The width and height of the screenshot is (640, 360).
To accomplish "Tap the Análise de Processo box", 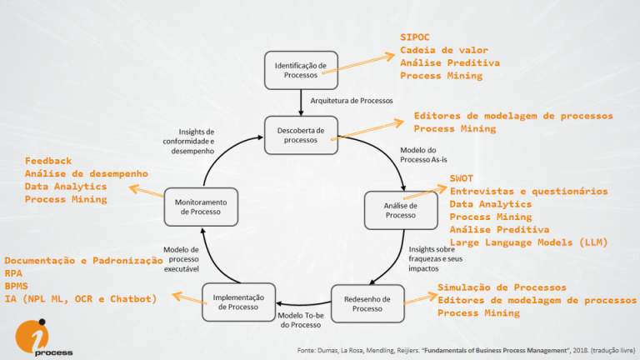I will click(x=400, y=210).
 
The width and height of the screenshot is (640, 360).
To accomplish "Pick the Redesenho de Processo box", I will click(x=367, y=302).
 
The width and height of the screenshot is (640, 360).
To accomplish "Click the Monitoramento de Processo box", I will click(x=201, y=207).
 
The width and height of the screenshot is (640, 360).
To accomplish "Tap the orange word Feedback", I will click(x=48, y=160).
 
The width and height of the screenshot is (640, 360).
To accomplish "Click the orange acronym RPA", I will click(x=14, y=272).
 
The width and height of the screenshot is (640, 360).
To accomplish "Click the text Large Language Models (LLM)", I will click(x=528, y=242).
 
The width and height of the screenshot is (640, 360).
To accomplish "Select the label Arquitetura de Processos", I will click(x=351, y=101).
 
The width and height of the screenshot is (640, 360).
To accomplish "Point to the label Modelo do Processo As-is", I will click(x=427, y=155).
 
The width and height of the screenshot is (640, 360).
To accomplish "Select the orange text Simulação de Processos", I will click(x=502, y=287).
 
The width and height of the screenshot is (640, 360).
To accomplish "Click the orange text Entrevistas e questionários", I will click(x=528, y=192).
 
